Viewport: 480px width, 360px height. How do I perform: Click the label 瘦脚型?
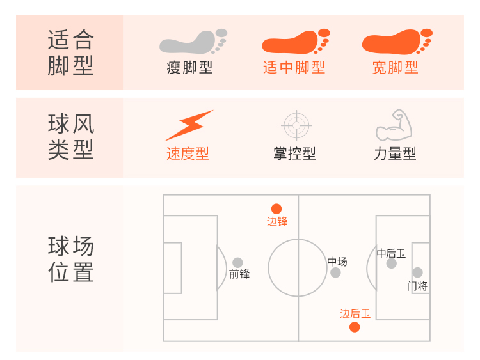click(190, 67)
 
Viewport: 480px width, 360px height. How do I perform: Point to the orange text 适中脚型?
click(294, 67)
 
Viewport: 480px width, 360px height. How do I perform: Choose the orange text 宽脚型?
click(395, 67)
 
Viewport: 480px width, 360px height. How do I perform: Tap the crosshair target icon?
click(296, 125)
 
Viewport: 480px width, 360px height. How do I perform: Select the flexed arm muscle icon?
click(394, 125)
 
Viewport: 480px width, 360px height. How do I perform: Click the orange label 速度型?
click(188, 154)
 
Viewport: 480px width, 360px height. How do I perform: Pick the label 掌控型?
click(294, 154)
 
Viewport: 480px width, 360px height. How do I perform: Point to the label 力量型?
click(395, 154)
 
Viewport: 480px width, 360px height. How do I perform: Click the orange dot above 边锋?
click(276, 208)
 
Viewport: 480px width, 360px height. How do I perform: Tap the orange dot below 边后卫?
click(355, 327)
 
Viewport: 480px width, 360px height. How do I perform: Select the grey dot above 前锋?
click(237, 262)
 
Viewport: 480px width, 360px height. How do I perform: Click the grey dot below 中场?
click(335, 272)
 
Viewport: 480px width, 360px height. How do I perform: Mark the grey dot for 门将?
click(417, 272)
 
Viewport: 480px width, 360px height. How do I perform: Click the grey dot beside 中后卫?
click(401, 264)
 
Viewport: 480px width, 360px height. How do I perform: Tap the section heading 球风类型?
click(70, 137)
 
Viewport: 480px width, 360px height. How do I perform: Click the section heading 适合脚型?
click(70, 53)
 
